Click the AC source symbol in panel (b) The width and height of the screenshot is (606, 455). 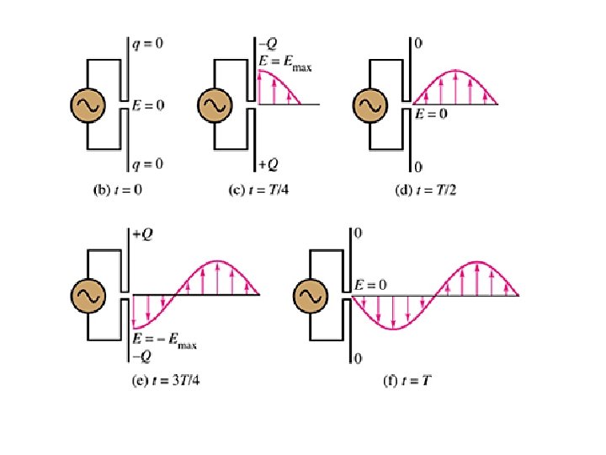(86, 104)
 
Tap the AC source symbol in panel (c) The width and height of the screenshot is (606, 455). (215, 104)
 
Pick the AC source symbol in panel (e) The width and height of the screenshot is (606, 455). (89, 294)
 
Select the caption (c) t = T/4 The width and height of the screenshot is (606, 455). (261, 190)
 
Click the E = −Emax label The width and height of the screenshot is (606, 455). (165, 341)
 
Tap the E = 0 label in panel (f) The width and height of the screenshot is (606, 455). (369, 285)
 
